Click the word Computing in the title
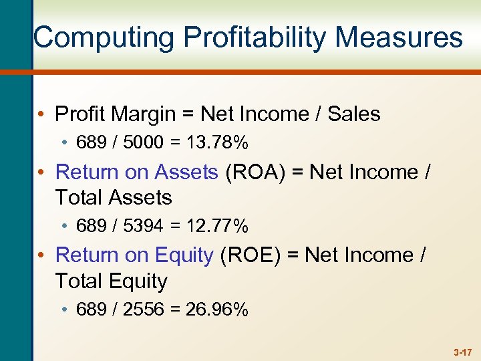click(x=86, y=37)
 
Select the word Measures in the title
click(x=399, y=37)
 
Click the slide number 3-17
click(x=462, y=351)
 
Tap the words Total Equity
click(x=111, y=281)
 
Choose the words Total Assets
click(x=114, y=198)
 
